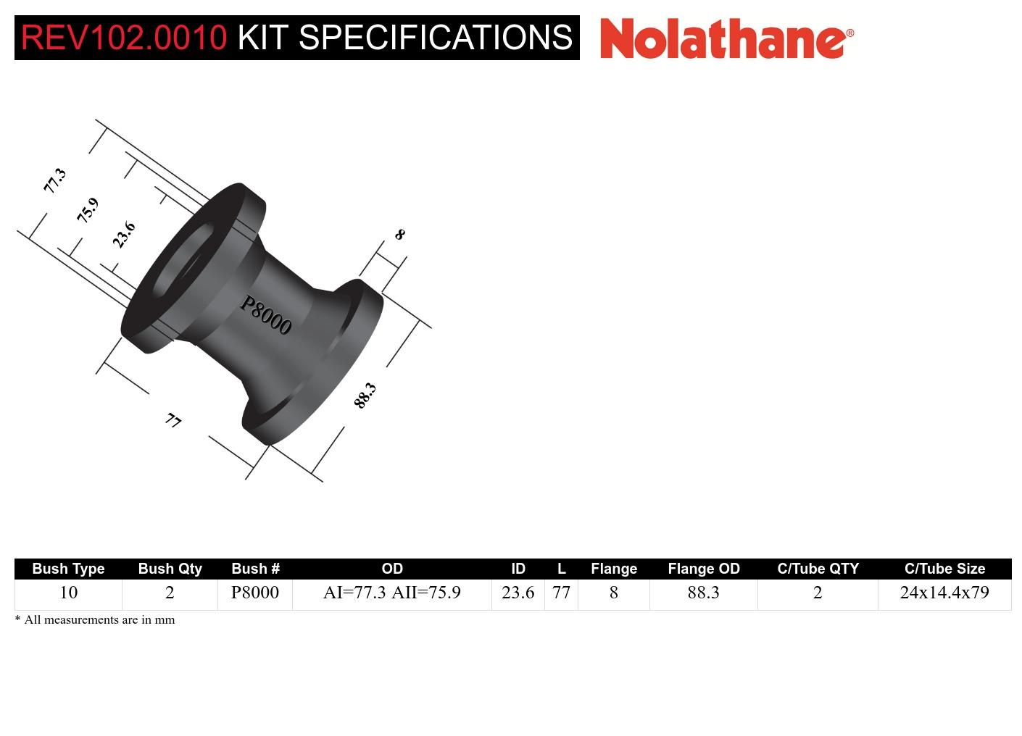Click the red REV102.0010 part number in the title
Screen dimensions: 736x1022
pos(124,38)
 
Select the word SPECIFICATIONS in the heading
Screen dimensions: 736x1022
pos(436,38)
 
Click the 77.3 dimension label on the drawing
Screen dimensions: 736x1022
pos(54,180)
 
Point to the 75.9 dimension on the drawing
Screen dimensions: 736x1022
pos(87,210)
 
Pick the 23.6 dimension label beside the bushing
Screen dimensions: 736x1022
pos(124,235)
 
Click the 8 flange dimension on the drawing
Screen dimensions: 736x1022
pos(399,235)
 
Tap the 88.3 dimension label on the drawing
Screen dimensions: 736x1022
pos(365,396)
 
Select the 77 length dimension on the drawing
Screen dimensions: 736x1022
pos(173,420)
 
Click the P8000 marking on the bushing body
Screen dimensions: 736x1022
pos(266,315)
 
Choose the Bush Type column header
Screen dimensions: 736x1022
pos(68,569)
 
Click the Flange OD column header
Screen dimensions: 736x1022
pos(703,569)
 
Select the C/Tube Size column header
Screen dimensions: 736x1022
pos(944,569)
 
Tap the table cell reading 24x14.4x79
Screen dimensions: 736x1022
pos(944,593)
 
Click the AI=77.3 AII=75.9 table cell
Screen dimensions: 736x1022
pos(391,593)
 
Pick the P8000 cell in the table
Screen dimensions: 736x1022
pos(254,593)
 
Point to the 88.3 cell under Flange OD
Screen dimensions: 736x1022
pos(703,593)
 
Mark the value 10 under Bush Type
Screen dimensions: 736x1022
pos(68,593)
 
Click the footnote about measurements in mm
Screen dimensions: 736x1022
pos(95,619)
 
